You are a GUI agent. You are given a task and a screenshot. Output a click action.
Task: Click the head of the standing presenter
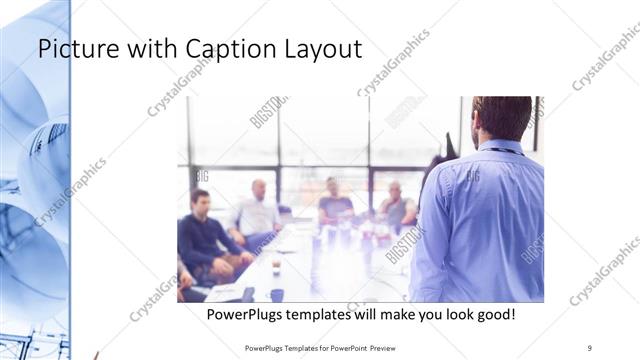tap(500, 116)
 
